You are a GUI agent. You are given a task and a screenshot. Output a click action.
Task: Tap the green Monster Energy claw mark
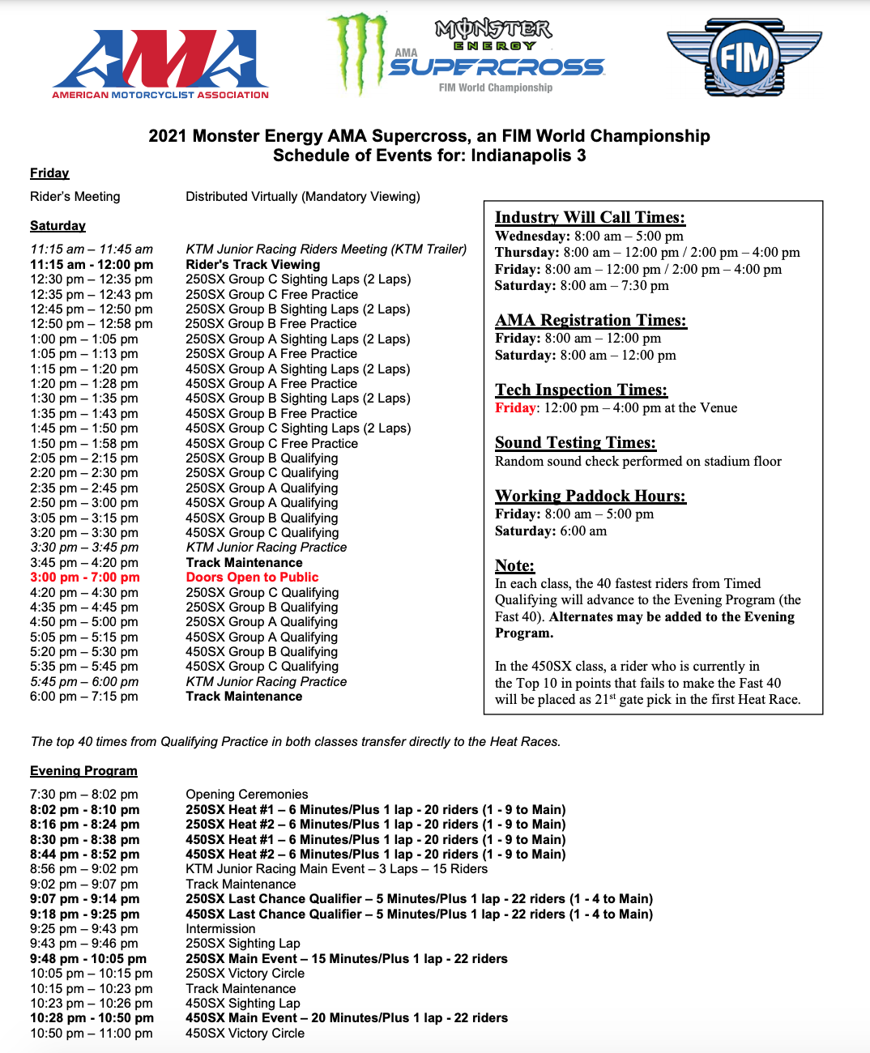coord(357,52)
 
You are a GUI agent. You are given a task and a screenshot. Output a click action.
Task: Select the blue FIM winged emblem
coord(744,58)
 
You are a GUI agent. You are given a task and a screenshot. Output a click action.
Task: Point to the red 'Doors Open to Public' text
coord(252,578)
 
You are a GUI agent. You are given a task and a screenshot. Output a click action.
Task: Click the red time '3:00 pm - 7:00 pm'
coord(85,578)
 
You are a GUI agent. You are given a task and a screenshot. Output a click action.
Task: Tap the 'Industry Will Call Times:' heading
coord(590,217)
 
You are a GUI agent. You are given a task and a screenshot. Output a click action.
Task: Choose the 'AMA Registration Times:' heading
coord(591,320)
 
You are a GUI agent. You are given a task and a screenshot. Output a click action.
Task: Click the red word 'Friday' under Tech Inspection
coord(515,408)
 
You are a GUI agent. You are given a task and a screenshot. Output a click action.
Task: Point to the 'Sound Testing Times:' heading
coord(575,442)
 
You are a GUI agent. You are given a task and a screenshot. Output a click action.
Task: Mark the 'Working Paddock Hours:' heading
coord(591,496)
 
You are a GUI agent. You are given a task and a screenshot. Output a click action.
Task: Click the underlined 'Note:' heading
coord(514,565)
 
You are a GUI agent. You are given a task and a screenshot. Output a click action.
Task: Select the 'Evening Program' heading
coord(83,771)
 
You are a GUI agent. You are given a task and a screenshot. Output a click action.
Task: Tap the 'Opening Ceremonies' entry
coord(247,795)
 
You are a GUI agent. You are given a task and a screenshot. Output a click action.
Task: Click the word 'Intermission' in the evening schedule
coord(220,929)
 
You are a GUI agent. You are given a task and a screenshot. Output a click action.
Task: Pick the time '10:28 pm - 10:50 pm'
coord(92,1018)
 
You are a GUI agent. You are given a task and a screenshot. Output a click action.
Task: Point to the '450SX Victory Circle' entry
coord(245,1034)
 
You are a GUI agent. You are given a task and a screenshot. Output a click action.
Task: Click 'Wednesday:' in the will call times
coord(532,237)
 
